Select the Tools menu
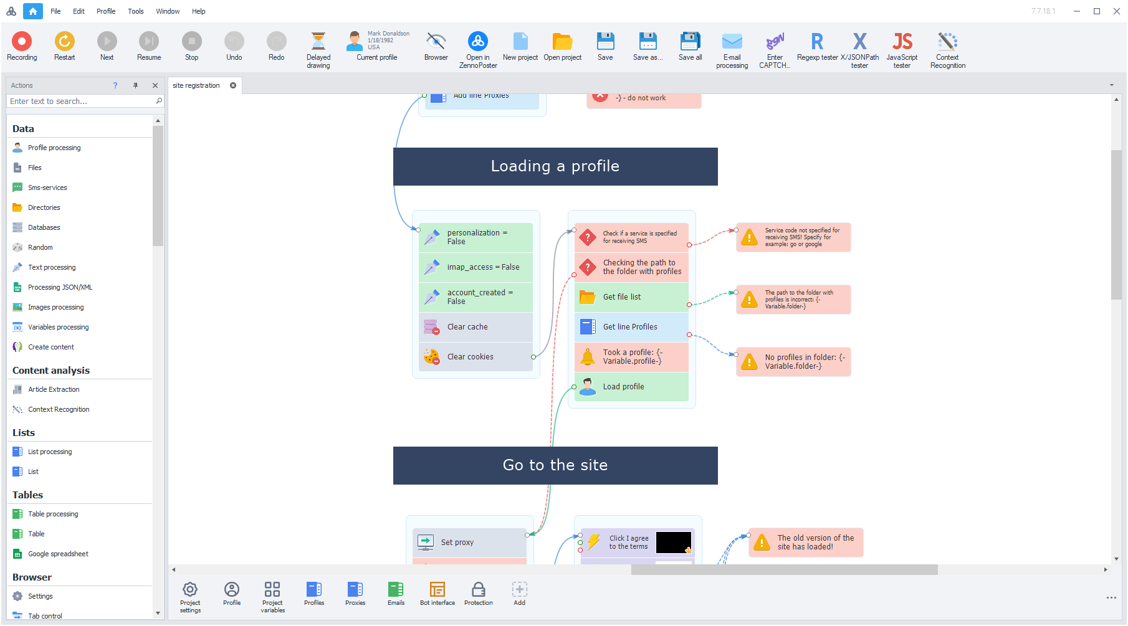click(x=136, y=11)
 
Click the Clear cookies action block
click(x=475, y=357)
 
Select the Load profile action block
click(x=631, y=387)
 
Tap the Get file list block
click(x=631, y=297)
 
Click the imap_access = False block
click(x=475, y=267)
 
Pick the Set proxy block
click(x=469, y=543)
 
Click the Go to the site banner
click(x=555, y=465)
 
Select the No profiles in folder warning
click(x=793, y=362)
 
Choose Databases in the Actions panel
click(x=44, y=227)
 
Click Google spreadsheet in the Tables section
click(x=58, y=554)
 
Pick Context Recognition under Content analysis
click(x=59, y=409)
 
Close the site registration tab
click(x=233, y=85)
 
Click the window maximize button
click(x=1097, y=11)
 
